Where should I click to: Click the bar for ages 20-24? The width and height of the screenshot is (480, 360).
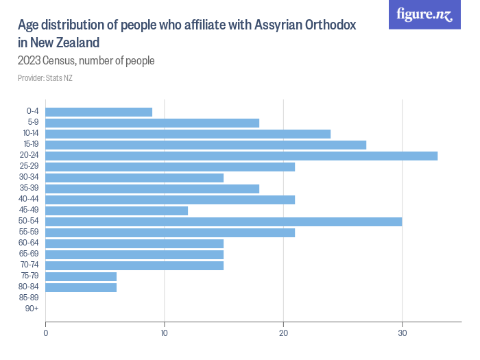tap(241, 156)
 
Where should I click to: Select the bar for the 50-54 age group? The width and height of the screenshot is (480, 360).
tap(224, 221)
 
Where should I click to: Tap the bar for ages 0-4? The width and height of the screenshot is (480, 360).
tap(99, 112)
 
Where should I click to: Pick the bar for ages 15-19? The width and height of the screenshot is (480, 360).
tap(206, 145)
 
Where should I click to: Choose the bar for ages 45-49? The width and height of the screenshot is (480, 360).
tap(117, 211)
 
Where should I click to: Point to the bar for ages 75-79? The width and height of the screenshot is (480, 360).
tap(81, 276)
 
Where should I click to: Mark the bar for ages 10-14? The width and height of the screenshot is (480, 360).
tap(188, 134)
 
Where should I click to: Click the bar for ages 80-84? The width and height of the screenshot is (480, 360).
tap(81, 287)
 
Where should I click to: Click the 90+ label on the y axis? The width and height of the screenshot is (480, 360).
tap(32, 309)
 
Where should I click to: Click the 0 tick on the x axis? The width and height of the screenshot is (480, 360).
tap(45, 334)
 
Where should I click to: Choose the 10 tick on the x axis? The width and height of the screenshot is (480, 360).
tap(165, 334)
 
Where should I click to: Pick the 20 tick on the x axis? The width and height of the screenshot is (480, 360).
tap(283, 334)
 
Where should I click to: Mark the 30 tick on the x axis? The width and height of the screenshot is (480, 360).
tap(403, 334)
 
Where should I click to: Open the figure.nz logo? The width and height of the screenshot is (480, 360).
tap(424, 14)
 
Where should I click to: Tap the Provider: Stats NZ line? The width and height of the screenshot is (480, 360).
tap(45, 78)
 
